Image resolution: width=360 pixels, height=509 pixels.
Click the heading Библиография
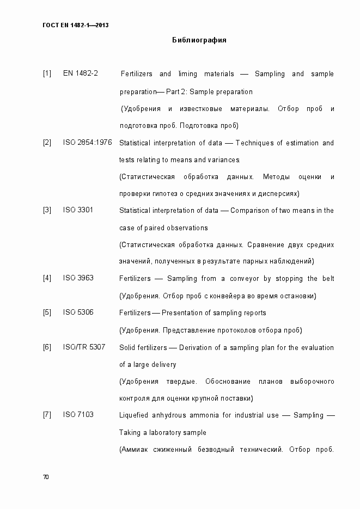tap(199, 40)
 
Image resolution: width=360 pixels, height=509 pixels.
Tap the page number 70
tap(46, 477)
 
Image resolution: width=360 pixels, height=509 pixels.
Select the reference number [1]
tap(47, 73)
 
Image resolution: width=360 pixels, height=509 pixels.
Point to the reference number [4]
tap(47, 278)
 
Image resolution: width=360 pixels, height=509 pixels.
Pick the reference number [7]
tap(47, 415)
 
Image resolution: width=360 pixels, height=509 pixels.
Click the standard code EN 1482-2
tap(80, 73)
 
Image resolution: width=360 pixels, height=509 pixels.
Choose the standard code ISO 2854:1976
tap(87, 142)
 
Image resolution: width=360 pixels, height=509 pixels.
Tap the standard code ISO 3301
tap(78, 210)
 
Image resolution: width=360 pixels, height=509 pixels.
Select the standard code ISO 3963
tap(78, 278)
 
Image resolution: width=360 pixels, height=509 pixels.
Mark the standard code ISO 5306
tap(78, 312)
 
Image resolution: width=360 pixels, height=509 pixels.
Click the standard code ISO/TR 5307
tap(84, 347)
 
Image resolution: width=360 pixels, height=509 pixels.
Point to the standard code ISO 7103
tap(78, 415)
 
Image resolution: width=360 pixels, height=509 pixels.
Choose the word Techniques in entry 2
tap(256, 143)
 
